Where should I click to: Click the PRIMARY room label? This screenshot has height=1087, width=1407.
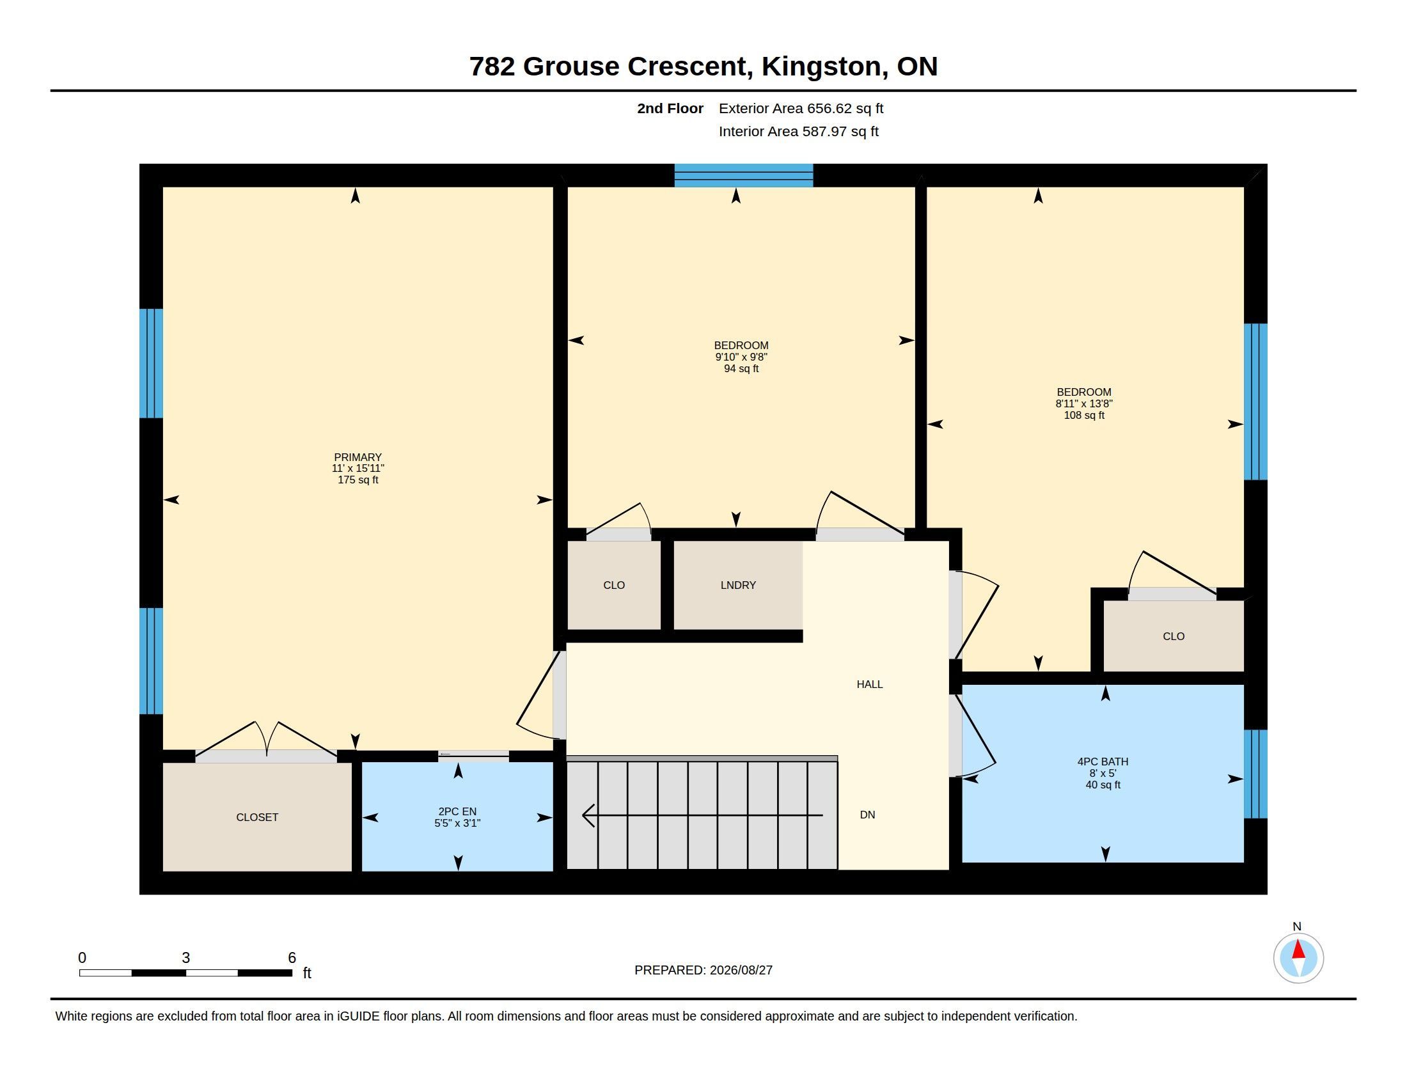pyautogui.click(x=358, y=457)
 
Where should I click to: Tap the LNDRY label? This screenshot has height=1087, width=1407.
pyautogui.click(x=737, y=585)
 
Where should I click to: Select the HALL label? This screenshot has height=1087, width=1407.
pyautogui.click(x=869, y=685)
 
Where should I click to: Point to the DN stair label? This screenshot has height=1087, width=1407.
pyautogui.click(x=867, y=815)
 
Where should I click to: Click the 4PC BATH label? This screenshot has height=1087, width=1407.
pyautogui.click(x=1103, y=762)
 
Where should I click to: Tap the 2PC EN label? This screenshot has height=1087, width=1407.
pyautogui.click(x=457, y=812)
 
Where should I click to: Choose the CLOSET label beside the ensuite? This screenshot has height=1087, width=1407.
pyautogui.click(x=257, y=818)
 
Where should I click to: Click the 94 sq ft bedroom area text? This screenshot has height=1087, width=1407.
pyautogui.click(x=741, y=369)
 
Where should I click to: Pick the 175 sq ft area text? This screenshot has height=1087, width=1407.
pyautogui.click(x=358, y=480)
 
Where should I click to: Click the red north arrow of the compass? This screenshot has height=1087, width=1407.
pyautogui.click(x=1298, y=950)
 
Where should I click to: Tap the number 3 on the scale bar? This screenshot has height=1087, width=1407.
pyautogui.click(x=185, y=958)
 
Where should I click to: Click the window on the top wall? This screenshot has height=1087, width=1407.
pyautogui.click(x=743, y=175)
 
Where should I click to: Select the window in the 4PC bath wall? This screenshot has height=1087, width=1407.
pyautogui.click(x=1255, y=774)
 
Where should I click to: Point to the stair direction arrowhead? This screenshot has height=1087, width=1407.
pyautogui.click(x=588, y=815)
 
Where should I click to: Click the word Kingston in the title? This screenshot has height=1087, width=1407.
pyautogui.click(x=821, y=66)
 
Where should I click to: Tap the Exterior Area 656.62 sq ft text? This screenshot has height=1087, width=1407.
pyautogui.click(x=801, y=109)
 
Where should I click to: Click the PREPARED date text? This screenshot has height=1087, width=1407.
pyautogui.click(x=703, y=971)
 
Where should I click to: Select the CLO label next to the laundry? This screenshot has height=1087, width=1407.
pyautogui.click(x=613, y=585)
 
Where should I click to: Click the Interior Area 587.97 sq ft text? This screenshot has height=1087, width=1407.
pyautogui.click(x=798, y=132)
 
